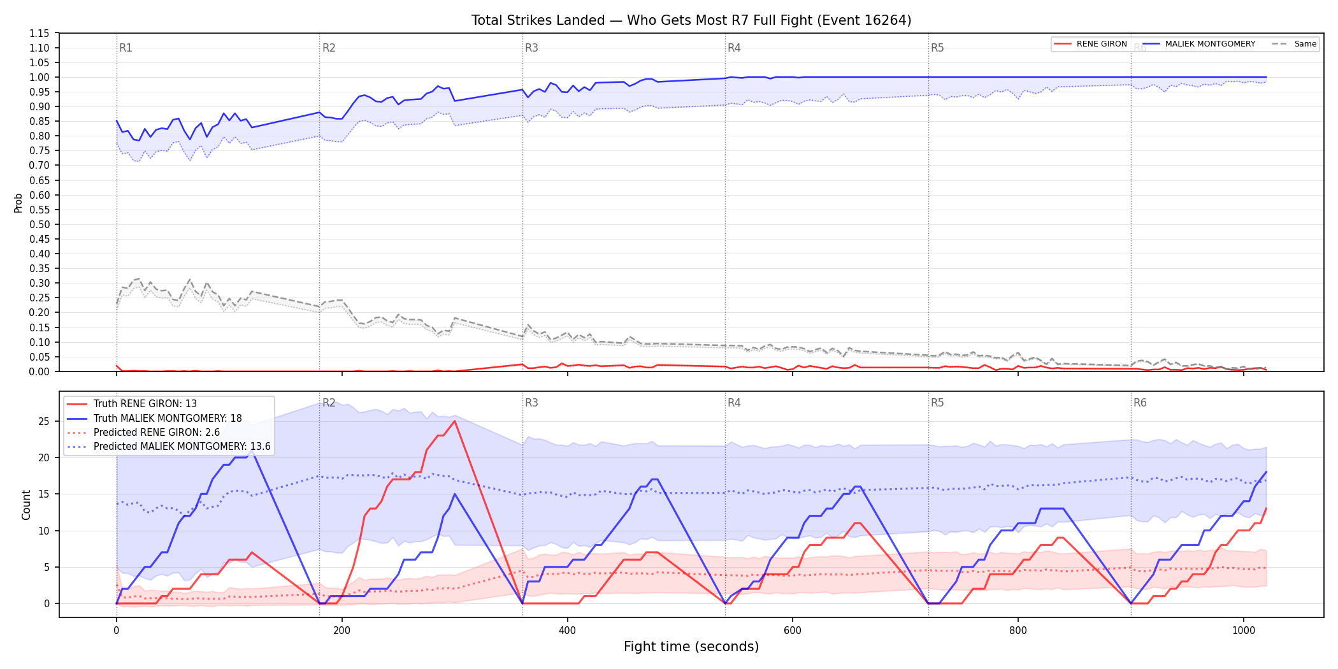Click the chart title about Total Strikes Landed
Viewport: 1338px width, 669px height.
pos(691,20)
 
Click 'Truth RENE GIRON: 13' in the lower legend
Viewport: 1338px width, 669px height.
pos(145,404)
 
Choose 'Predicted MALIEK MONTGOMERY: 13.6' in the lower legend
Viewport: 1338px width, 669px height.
pos(182,447)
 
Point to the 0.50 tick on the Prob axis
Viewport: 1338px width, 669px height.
pos(40,224)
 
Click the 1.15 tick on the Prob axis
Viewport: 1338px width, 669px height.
pos(40,33)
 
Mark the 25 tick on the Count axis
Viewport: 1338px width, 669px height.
pos(43,421)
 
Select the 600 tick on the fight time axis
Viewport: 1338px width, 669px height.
pos(793,631)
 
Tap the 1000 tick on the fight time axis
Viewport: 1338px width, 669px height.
pos(1244,631)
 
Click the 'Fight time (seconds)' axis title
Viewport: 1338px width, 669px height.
pos(691,647)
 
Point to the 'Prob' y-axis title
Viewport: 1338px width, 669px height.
pos(18,203)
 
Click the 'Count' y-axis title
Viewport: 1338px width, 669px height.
pos(26,505)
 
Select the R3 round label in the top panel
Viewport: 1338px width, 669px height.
pos(531,48)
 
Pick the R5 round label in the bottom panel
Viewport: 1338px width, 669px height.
pos(937,403)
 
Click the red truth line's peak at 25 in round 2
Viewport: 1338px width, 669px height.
pos(454,421)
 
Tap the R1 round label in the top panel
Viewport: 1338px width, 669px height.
pos(126,48)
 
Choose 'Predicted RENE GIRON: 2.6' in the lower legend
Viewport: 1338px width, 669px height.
pos(157,433)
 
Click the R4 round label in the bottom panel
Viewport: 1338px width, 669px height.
pos(734,403)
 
